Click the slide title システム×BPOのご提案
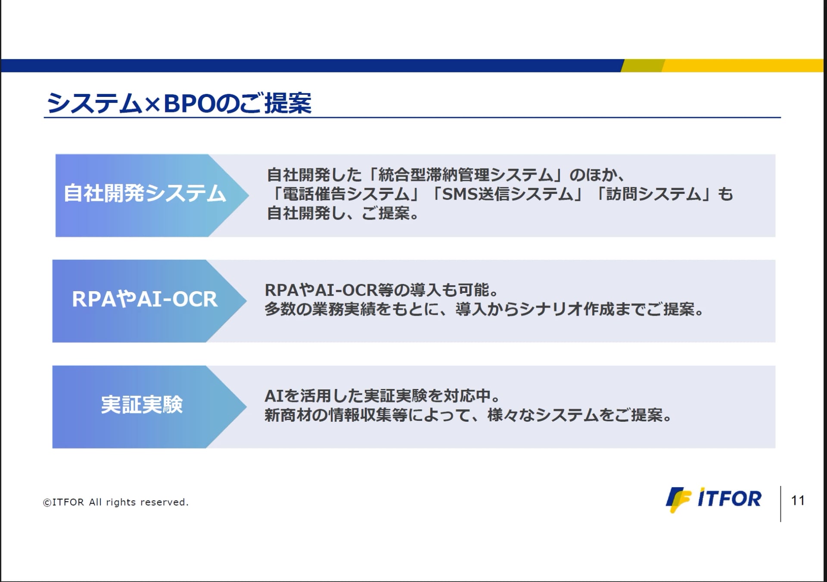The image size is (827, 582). (179, 103)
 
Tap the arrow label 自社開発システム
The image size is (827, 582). (145, 193)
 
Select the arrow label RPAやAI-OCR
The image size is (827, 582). (145, 299)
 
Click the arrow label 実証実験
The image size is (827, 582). (142, 405)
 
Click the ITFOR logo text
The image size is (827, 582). (729, 498)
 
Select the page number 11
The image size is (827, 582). (798, 501)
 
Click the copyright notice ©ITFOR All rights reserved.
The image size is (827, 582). (116, 502)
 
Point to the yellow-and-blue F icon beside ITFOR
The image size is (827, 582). (678, 500)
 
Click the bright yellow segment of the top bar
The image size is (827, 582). (743, 65)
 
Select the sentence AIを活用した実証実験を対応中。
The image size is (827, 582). (383, 396)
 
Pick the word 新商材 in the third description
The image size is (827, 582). (288, 415)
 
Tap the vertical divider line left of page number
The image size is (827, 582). (780, 504)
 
